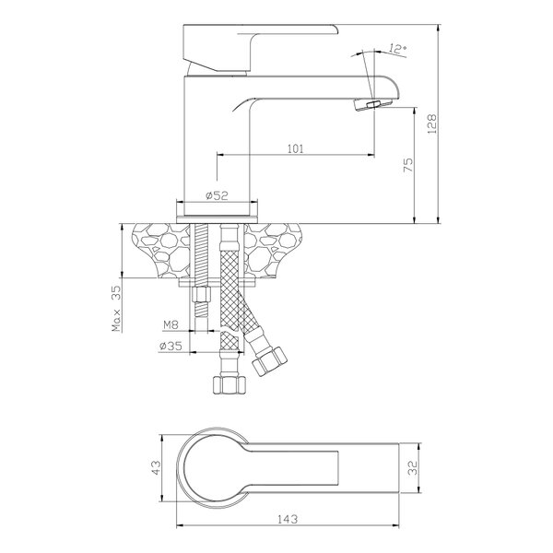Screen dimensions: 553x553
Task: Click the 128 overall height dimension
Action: (x=431, y=124)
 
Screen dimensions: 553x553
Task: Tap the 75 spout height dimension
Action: (x=407, y=165)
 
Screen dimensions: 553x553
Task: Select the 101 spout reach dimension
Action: (x=296, y=148)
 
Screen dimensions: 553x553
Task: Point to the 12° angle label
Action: (x=398, y=49)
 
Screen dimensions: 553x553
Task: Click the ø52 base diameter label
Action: (x=217, y=195)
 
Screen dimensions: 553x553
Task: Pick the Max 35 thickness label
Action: (x=116, y=309)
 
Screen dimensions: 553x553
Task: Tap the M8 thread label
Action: (x=171, y=324)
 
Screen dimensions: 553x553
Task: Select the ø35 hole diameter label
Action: (x=171, y=346)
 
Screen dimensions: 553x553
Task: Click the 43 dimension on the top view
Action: (x=156, y=467)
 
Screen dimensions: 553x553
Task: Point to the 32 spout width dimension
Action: (x=413, y=467)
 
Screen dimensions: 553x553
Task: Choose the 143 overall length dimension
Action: (x=288, y=519)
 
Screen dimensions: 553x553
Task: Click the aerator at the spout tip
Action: (x=372, y=104)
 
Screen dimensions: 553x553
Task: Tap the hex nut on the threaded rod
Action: (x=201, y=294)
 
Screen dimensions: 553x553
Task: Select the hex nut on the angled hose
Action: (x=269, y=362)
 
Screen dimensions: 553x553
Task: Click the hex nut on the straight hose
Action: (x=229, y=385)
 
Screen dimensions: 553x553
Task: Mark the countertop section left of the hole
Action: (x=161, y=251)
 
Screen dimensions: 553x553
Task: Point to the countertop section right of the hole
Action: (x=273, y=250)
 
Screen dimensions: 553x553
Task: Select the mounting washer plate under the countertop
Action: (x=218, y=282)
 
